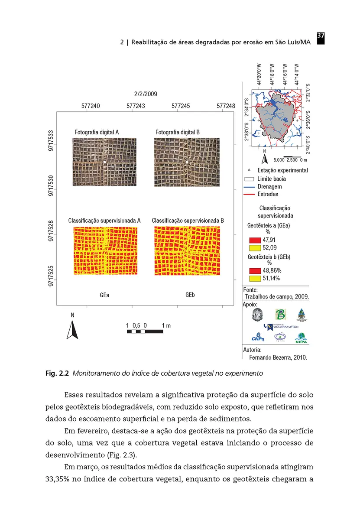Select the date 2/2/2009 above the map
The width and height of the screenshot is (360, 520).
pyautogui.click(x=146, y=94)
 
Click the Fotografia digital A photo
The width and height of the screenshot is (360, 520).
pyautogui.click(x=104, y=162)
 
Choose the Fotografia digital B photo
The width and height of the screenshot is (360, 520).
pyautogui.click(x=186, y=162)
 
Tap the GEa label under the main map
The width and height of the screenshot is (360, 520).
pyautogui.click(x=104, y=296)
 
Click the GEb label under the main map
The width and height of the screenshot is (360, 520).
pyautogui.click(x=190, y=295)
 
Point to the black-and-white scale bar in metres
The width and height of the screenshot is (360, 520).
pyautogui.click(x=145, y=331)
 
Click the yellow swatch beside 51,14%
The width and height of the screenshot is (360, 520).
pyautogui.click(x=254, y=278)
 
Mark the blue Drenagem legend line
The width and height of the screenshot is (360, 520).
pyautogui.click(x=249, y=186)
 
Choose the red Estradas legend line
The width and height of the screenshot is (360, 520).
pyautogui.click(x=249, y=194)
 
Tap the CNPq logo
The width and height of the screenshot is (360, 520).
pyautogui.click(x=258, y=338)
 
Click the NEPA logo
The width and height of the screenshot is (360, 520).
pyautogui.click(x=300, y=338)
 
